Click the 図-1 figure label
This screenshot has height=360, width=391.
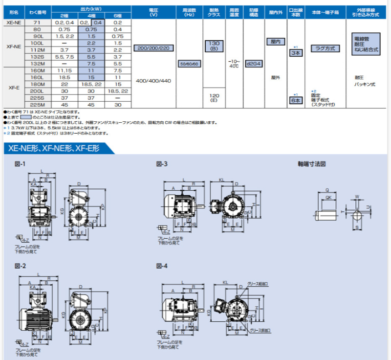(20, 164)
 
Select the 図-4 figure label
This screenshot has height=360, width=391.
(162, 266)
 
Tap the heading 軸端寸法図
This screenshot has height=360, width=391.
(312, 164)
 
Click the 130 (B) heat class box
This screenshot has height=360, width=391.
(214, 47)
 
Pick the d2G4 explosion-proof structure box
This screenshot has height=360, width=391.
(254, 64)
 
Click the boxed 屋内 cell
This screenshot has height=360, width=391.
(275, 43)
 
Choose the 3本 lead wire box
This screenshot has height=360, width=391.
(295, 52)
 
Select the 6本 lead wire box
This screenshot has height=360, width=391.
(295, 100)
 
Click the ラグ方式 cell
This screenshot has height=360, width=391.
(324, 49)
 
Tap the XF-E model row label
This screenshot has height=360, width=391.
(14, 88)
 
